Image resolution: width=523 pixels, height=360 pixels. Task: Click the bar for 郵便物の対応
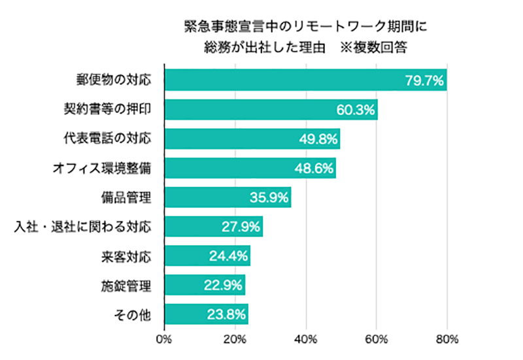pyautogui.click(x=305, y=81)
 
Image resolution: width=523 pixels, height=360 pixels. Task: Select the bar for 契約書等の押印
pyautogui.click(x=271, y=110)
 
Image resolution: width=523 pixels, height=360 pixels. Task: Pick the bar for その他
pyautogui.click(x=206, y=314)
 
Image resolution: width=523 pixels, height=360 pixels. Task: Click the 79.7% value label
pyautogui.click(x=424, y=81)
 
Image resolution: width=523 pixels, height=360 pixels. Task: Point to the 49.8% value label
pyautogui.click(x=318, y=139)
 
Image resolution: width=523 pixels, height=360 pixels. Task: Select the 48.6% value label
pyautogui.click(x=314, y=169)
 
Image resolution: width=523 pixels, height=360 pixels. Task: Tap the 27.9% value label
pyautogui.click(x=241, y=227)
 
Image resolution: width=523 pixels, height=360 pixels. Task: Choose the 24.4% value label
pyautogui.click(x=229, y=256)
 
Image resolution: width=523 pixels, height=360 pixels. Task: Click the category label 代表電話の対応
pyautogui.click(x=108, y=139)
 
